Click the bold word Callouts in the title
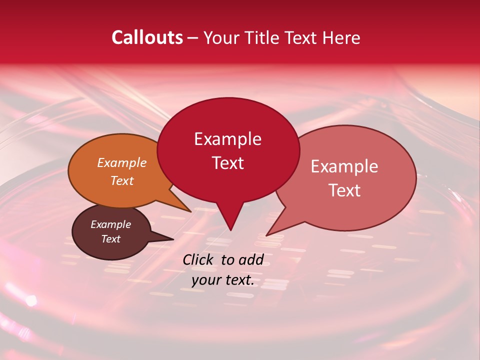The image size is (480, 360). click(147, 37)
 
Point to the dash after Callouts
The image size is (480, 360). click(193, 38)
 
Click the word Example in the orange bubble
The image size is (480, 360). click(121, 162)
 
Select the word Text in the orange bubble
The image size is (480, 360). click(121, 180)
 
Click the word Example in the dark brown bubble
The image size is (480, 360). click(110, 224)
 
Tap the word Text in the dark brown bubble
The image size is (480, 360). click(110, 239)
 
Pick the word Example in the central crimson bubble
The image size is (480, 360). click(227, 139)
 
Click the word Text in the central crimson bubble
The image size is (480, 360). click(227, 163)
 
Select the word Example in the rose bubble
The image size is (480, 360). click(344, 166)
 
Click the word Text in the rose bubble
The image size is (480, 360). click(344, 190)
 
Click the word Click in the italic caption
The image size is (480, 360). click(198, 259)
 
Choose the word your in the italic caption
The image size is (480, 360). click(205, 280)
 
